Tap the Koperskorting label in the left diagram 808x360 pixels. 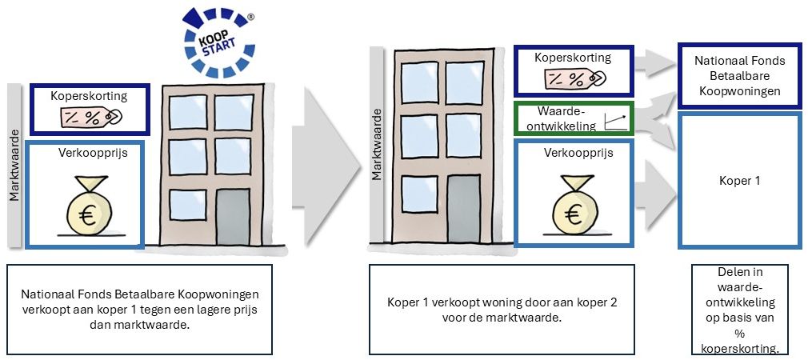89,96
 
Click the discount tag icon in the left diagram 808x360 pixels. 89,117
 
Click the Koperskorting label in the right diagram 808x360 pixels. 573,58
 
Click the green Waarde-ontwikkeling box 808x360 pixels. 573,118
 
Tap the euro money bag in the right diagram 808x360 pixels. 574,207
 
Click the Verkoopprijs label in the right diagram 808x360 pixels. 574,152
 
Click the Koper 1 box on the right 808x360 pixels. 738,181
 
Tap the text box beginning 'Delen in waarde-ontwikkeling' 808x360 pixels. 738,310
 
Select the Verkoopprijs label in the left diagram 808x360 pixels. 87,151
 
